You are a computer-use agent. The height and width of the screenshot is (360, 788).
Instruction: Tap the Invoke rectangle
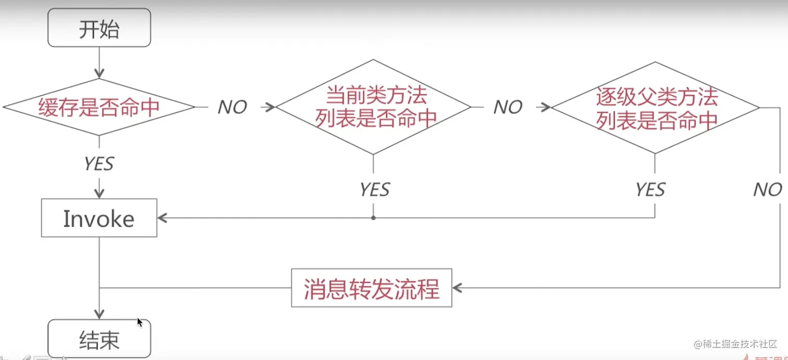[x=99, y=218]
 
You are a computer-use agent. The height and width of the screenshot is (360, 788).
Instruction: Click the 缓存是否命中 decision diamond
[x=99, y=107]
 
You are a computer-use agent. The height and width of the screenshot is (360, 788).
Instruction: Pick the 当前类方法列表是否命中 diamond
[x=373, y=107]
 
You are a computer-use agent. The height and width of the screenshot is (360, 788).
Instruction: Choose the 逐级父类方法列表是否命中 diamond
[x=656, y=107]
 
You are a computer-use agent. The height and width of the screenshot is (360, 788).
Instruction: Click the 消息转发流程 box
[x=372, y=288]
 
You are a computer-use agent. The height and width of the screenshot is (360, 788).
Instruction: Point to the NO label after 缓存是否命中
[x=232, y=107]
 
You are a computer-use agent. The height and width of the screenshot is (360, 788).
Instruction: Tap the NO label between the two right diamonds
[x=508, y=107]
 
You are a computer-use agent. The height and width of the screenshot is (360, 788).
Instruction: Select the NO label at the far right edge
[x=767, y=190]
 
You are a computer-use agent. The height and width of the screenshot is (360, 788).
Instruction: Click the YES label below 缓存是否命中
[x=99, y=164]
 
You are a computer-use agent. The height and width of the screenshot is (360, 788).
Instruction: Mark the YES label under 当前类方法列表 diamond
[x=374, y=190]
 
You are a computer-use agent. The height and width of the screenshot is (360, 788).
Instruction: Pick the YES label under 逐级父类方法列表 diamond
[x=650, y=190]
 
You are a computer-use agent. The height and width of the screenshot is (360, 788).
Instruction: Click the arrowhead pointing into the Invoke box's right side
[x=162, y=218]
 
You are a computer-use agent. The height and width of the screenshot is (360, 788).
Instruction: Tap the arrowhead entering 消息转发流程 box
[x=457, y=288]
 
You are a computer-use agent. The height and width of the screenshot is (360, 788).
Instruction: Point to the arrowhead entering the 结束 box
[x=99, y=314]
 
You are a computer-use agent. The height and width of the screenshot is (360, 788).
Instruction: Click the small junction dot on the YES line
[x=373, y=218]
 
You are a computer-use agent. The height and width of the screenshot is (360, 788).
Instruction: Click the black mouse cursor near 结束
[x=140, y=322]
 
